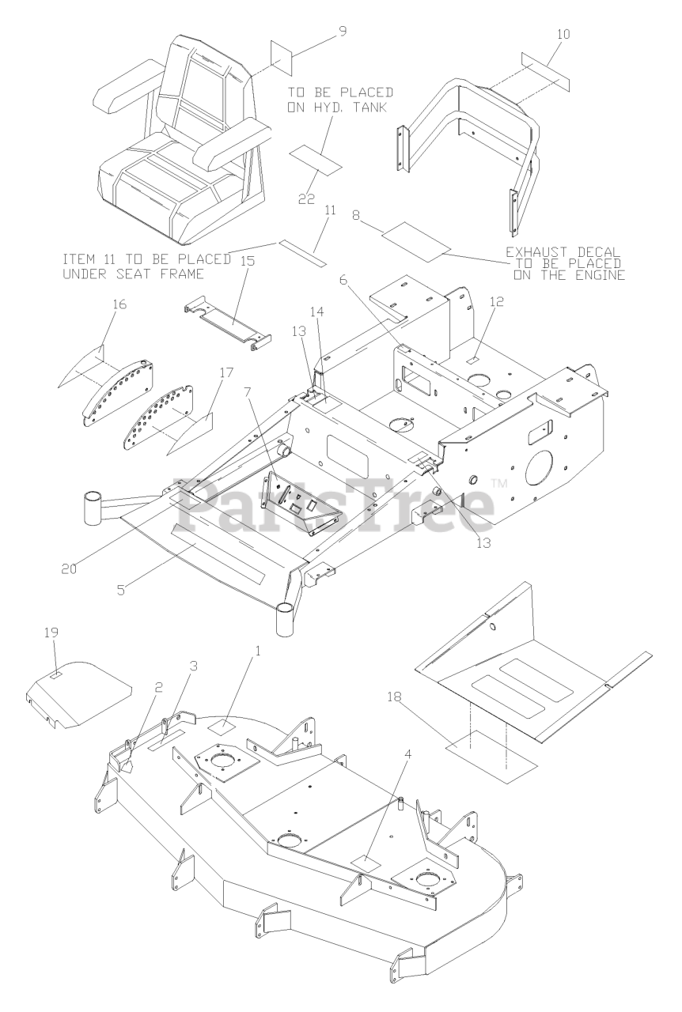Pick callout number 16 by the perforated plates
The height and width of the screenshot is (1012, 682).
click(97, 304)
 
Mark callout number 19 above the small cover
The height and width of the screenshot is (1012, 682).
click(52, 633)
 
